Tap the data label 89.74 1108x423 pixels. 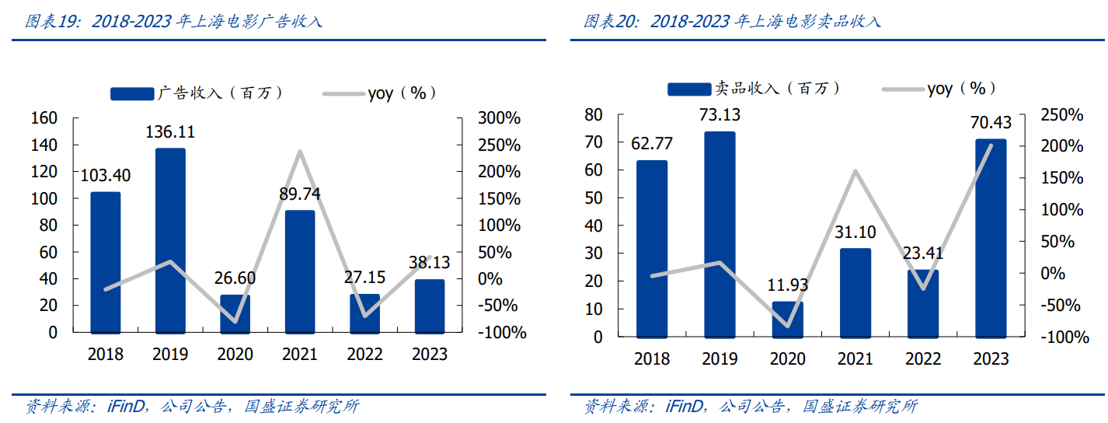point(300,194)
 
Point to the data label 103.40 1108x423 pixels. point(106,175)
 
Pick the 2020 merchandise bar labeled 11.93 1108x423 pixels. point(788,320)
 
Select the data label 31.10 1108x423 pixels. point(855,232)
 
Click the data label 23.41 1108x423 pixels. point(922,253)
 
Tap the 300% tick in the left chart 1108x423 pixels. point(500,118)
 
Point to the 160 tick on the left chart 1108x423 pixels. point(44,118)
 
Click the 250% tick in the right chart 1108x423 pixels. point(1060,115)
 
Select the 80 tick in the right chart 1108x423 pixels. point(594,115)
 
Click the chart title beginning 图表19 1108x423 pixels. point(174,21)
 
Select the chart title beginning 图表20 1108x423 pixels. point(732,21)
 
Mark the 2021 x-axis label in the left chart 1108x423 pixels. point(300,355)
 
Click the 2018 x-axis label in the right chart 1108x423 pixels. point(652,358)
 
